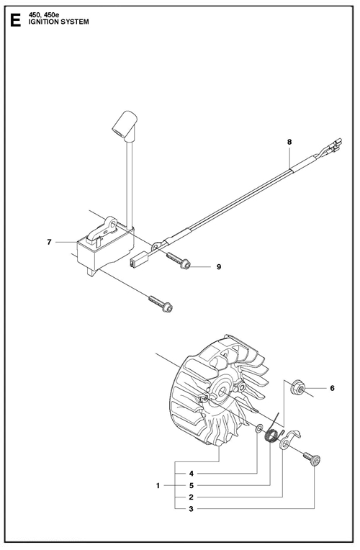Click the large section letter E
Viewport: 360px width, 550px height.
tap(15, 19)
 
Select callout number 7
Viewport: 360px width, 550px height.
tap(50, 242)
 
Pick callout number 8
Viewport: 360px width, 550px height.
tap(289, 142)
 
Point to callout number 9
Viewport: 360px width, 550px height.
tap(219, 267)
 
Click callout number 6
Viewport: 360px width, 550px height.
tap(332, 388)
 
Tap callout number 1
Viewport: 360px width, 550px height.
tap(158, 486)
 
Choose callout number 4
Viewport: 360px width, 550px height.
tap(192, 474)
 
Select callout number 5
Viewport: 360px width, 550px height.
tap(192, 486)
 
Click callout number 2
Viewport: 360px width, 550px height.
tap(192, 497)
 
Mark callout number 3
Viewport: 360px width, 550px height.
tap(192, 509)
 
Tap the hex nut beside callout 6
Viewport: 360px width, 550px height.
tap(297, 387)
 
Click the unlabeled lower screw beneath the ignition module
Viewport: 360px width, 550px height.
tap(161, 303)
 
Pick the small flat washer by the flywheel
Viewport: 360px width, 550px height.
tap(259, 428)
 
